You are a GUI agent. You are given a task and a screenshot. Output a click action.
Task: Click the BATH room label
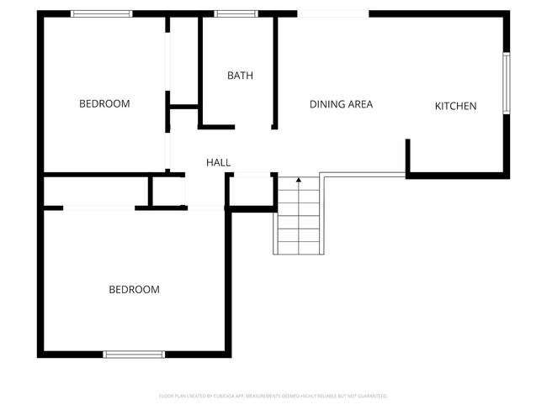[x=240, y=76]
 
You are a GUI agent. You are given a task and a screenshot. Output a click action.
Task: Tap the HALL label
[x=219, y=162]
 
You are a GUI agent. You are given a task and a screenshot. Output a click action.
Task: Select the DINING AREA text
[x=341, y=104]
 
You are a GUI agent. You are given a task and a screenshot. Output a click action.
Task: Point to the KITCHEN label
[x=455, y=106]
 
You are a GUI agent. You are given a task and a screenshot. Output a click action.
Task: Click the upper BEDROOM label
[x=104, y=104]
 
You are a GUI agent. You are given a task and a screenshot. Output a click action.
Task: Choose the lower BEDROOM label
[x=134, y=290]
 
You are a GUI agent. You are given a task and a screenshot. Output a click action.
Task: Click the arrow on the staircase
[x=298, y=180]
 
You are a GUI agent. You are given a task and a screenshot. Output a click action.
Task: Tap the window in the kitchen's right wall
[x=506, y=83]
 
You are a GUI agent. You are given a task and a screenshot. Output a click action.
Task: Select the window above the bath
[x=236, y=13]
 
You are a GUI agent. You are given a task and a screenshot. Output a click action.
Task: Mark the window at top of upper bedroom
[x=101, y=13]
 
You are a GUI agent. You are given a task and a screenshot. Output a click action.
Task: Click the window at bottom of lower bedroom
[x=134, y=355]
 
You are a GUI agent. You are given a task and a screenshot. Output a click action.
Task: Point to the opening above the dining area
[x=332, y=13]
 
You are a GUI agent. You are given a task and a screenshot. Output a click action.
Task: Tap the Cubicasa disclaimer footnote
[x=273, y=396]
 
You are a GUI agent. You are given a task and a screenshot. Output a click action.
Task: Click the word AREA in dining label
[x=358, y=104]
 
